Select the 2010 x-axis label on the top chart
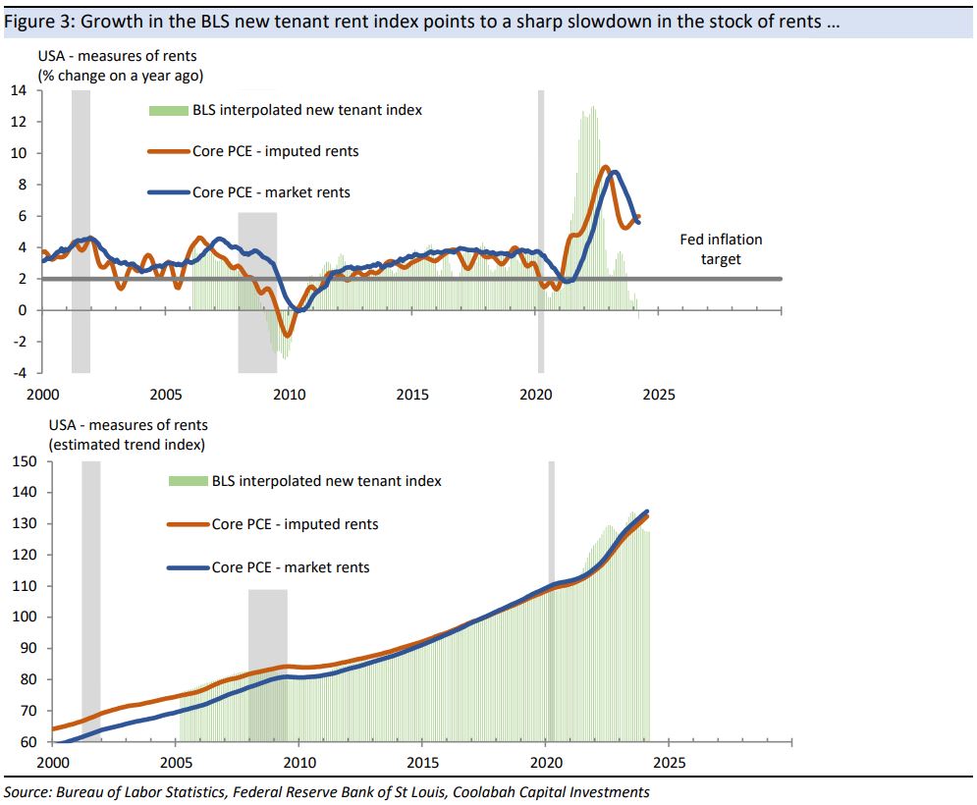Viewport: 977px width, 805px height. (x=289, y=395)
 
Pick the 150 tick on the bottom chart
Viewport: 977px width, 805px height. (x=24, y=461)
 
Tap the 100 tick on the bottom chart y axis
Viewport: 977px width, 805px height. (x=24, y=617)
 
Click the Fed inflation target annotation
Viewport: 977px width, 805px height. (x=721, y=249)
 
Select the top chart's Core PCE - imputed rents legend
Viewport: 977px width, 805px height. (x=275, y=151)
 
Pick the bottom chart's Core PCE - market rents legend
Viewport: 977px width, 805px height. (x=291, y=567)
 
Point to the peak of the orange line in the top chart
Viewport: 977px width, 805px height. (x=605, y=168)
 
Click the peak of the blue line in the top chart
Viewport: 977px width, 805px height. (x=615, y=173)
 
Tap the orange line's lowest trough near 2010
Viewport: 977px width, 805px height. (x=288, y=336)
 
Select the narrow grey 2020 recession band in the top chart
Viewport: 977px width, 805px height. (x=540, y=231)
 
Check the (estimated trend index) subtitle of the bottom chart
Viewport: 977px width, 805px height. (x=128, y=444)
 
